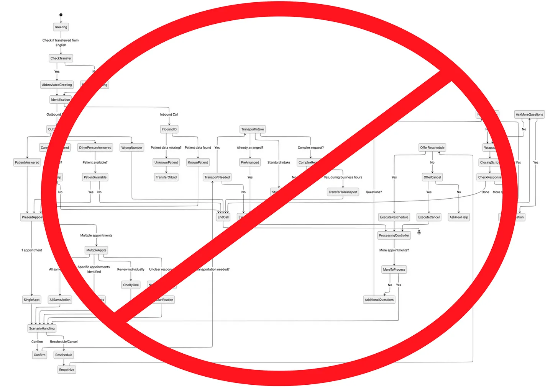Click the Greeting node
click(61, 27)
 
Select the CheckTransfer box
click(61, 58)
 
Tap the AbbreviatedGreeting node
click(57, 85)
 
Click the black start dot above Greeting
click(61, 15)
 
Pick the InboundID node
click(169, 129)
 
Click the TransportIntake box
click(252, 129)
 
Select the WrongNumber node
click(131, 147)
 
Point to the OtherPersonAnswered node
click(95, 147)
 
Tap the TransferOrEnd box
click(166, 177)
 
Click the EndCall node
click(223, 217)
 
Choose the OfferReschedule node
click(432, 147)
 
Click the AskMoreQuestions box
click(529, 114)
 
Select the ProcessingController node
click(394, 235)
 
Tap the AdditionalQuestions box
click(379, 300)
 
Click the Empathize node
click(67, 370)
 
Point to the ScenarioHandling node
click(42, 328)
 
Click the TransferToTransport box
click(343, 192)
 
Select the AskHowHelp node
click(458, 217)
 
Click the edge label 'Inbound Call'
click(169, 114)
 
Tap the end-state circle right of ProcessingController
click(419, 232)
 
